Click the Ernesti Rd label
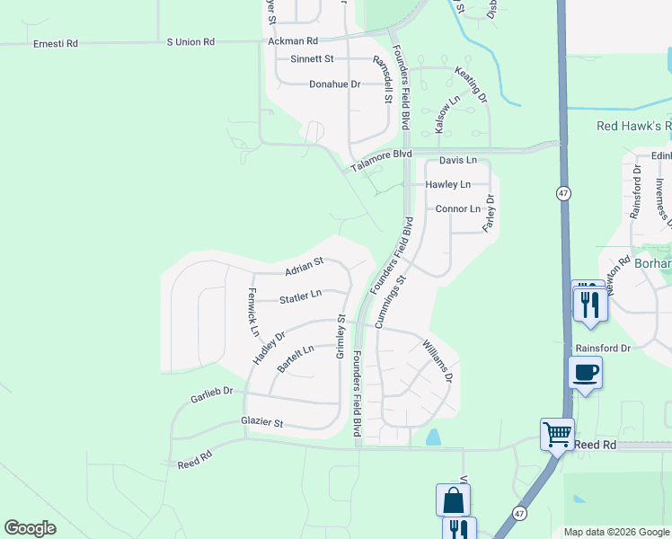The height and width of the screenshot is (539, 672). click(55, 43)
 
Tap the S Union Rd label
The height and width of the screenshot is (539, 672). click(190, 42)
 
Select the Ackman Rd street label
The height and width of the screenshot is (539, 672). click(293, 41)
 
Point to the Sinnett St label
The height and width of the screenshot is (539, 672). click(312, 59)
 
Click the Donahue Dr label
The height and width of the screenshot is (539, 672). click(334, 84)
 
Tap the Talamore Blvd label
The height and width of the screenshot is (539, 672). click(381, 155)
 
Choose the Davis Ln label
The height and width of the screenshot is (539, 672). click(457, 160)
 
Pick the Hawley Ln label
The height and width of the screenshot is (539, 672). click(448, 185)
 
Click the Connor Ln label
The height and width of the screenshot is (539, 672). click(457, 208)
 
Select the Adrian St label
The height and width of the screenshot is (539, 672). click(304, 267)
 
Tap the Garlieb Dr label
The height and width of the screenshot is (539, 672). click(211, 393)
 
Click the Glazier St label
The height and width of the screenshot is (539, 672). click(261, 422)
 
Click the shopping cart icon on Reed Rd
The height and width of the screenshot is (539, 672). click(557, 434)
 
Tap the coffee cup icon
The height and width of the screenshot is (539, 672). click(585, 372)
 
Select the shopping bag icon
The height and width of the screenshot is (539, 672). click(454, 499)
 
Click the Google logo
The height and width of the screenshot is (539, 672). click(30, 528)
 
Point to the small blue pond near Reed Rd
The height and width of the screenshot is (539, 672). click(434, 437)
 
